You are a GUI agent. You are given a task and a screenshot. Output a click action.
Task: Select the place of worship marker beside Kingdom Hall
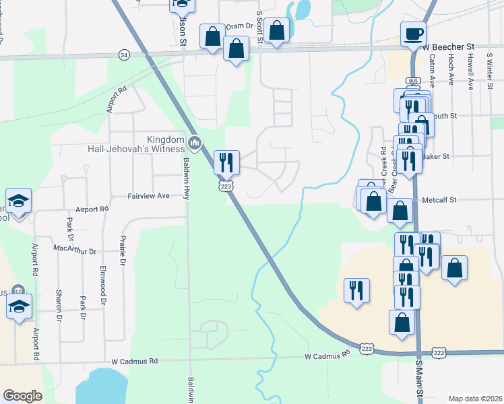tap(195, 142)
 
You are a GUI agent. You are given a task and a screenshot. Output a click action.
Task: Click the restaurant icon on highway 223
tap(226, 162)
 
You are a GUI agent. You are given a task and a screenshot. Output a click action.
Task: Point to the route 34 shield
tap(123, 54)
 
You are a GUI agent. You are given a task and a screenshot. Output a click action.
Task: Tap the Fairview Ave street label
tap(149, 196)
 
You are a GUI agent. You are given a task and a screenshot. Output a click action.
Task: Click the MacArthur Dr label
tap(75, 250)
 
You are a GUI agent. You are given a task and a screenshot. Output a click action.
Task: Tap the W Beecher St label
tap(448, 46)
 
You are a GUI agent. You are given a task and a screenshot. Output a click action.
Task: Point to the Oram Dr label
tap(239, 26)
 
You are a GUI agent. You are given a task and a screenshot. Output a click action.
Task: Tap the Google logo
tap(22, 396)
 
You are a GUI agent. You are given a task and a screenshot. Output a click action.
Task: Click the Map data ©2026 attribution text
tap(475, 399)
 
